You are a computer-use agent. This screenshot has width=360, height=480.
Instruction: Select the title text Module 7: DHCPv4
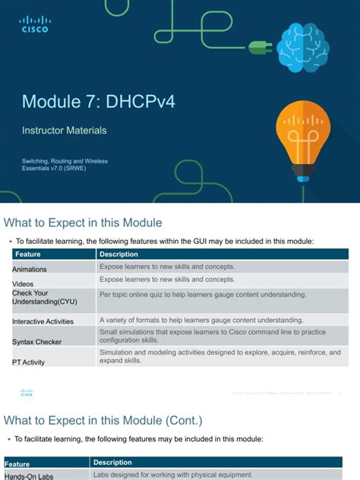tap(98, 102)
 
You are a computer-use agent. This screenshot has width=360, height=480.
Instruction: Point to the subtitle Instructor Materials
tap(64, 131)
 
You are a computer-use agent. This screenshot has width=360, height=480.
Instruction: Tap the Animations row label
tap(30, 269)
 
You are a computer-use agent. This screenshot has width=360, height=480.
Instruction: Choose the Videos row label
tap(24, 283)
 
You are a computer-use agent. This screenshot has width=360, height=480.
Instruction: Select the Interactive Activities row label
tap(43, 321)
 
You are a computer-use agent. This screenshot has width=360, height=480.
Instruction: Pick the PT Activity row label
tap(29, 362)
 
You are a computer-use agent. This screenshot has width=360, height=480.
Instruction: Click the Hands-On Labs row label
tap(30, 476)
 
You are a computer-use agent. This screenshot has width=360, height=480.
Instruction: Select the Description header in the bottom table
tap(112, 462)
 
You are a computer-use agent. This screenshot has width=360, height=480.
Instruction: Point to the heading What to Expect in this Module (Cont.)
tap(103, 420)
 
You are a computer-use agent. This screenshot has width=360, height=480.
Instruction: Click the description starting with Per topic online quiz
tap(203, 294)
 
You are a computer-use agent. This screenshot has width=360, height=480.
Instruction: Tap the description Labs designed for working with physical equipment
tap(172, 475)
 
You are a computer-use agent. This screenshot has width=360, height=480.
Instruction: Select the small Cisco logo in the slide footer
tap(27, 392)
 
